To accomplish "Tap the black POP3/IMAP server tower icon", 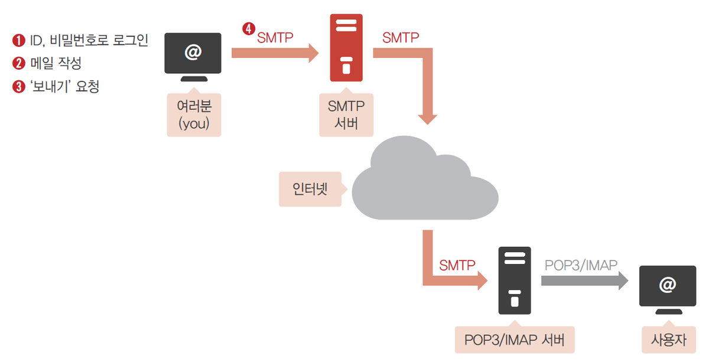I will [x=515, y=281].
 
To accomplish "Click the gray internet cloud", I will [x=423, y=180].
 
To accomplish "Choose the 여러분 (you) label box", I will [x=194, y=115].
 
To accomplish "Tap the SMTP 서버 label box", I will [x=346, y=115].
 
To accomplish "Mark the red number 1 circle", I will [x=18, y=41].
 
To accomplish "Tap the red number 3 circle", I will [x=18, y=87].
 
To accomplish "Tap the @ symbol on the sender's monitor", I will [x=193, y=52].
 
